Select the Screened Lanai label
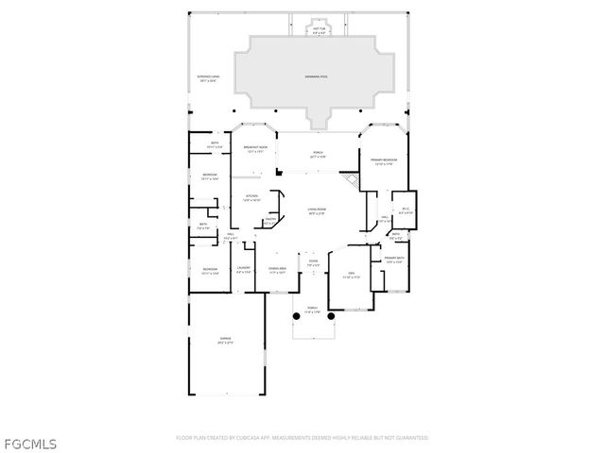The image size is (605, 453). [209, 78]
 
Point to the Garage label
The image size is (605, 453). [226, 339]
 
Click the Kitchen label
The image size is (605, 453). [251, 197]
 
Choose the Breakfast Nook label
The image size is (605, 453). [252, 149]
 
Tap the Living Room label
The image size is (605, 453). [316, 210]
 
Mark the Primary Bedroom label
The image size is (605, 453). [382, 161]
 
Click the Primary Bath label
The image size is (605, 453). [394, 260]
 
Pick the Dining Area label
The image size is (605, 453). [277, 270]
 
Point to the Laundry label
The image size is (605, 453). [243, 270]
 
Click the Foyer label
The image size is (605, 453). [313, 263]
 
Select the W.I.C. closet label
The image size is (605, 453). [405, 210]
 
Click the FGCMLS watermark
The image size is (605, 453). [30, 443]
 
